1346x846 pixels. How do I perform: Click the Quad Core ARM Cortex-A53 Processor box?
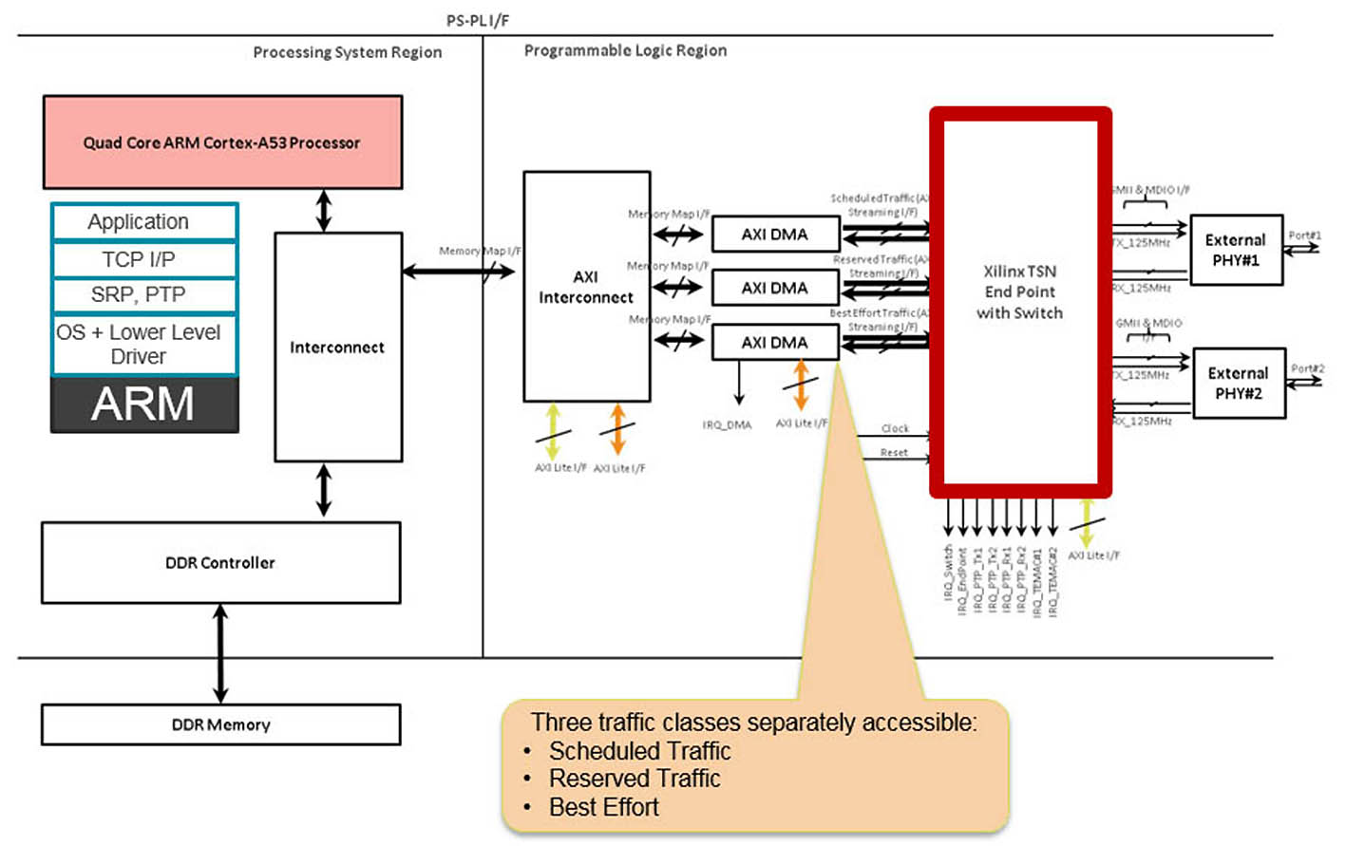222,142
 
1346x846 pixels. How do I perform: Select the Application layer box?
143,222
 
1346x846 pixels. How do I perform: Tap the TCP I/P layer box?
143,259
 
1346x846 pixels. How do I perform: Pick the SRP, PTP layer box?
143,295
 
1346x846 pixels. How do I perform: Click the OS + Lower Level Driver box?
143,344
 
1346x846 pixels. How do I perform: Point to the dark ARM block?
143,404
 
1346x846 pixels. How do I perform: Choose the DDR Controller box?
220,563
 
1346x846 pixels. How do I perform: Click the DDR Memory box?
220,724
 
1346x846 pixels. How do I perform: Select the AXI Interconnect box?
586,287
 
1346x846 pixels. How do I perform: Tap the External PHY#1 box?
1236,250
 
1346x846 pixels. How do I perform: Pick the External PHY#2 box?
1239,384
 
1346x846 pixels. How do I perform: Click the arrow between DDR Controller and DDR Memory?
220,653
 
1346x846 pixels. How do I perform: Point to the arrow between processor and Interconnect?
324,211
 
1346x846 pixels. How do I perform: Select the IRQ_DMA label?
727,425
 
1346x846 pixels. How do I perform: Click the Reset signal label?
893,453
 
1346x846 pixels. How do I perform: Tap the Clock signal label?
895,429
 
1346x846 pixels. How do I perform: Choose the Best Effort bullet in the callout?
603,807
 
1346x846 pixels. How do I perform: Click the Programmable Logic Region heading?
625,50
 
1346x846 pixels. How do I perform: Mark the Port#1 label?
1304,235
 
